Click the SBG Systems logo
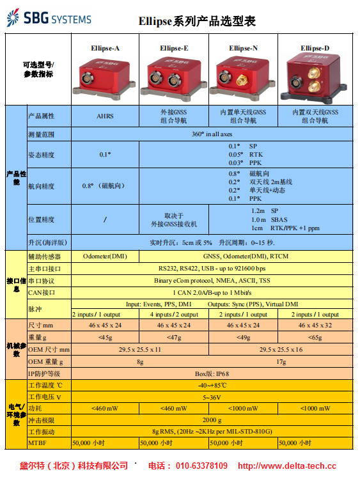coord(49,18)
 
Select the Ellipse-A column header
coord(105,48)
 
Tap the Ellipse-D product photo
coord(315,78)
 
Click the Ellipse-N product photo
coord(243,78)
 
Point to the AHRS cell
coord(105,116)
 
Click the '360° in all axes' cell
coord(212,134)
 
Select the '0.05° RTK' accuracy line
coord(246,155)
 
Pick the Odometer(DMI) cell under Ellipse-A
coord(105,256)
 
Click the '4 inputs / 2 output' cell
coord(174,315)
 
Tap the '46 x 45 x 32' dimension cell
coord(315,326)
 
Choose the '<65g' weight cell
coord(315,338)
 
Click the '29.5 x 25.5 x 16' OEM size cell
coord(281,349)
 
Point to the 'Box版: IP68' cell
coord(212,373)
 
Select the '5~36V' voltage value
coord(212,397)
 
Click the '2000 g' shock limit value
coord(212,420)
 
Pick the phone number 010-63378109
coord(201,466)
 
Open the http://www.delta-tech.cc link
coord(287,466)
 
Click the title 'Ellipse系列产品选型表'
coord(197,21)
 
